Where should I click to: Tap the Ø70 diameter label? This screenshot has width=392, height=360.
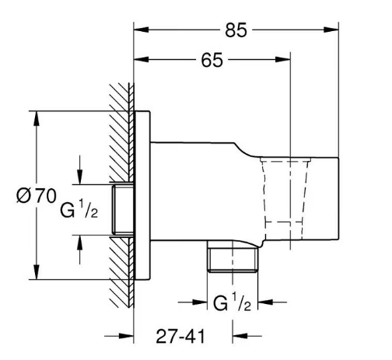[36, 196]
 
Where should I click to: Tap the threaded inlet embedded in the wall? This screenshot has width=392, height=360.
[123, 211]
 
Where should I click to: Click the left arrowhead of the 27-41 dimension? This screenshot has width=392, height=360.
[129, 336]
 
